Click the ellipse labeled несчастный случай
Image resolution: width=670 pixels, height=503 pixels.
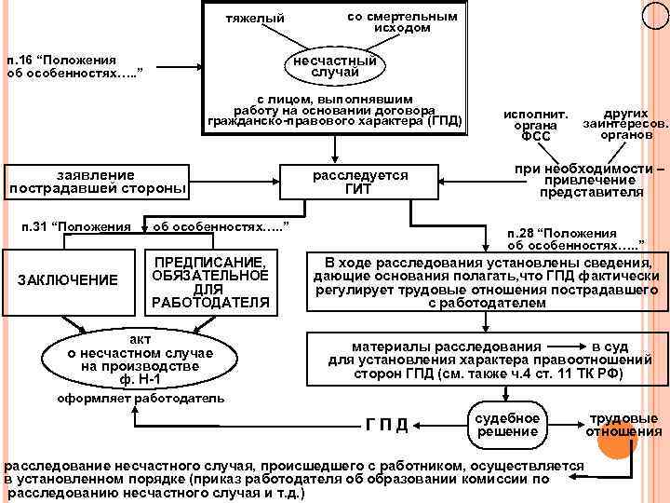click(336, 66)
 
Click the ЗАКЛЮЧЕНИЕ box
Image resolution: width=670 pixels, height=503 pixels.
click(70, 279)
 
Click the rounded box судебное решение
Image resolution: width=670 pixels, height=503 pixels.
click(508, 424)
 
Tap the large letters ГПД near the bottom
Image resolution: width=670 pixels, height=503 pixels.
click(386, 426)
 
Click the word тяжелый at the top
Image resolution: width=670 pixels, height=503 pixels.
click(255, 20)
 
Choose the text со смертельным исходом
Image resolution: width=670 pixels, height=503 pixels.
click(401, 22)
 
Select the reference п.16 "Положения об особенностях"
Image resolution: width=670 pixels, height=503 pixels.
click(74, 66)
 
